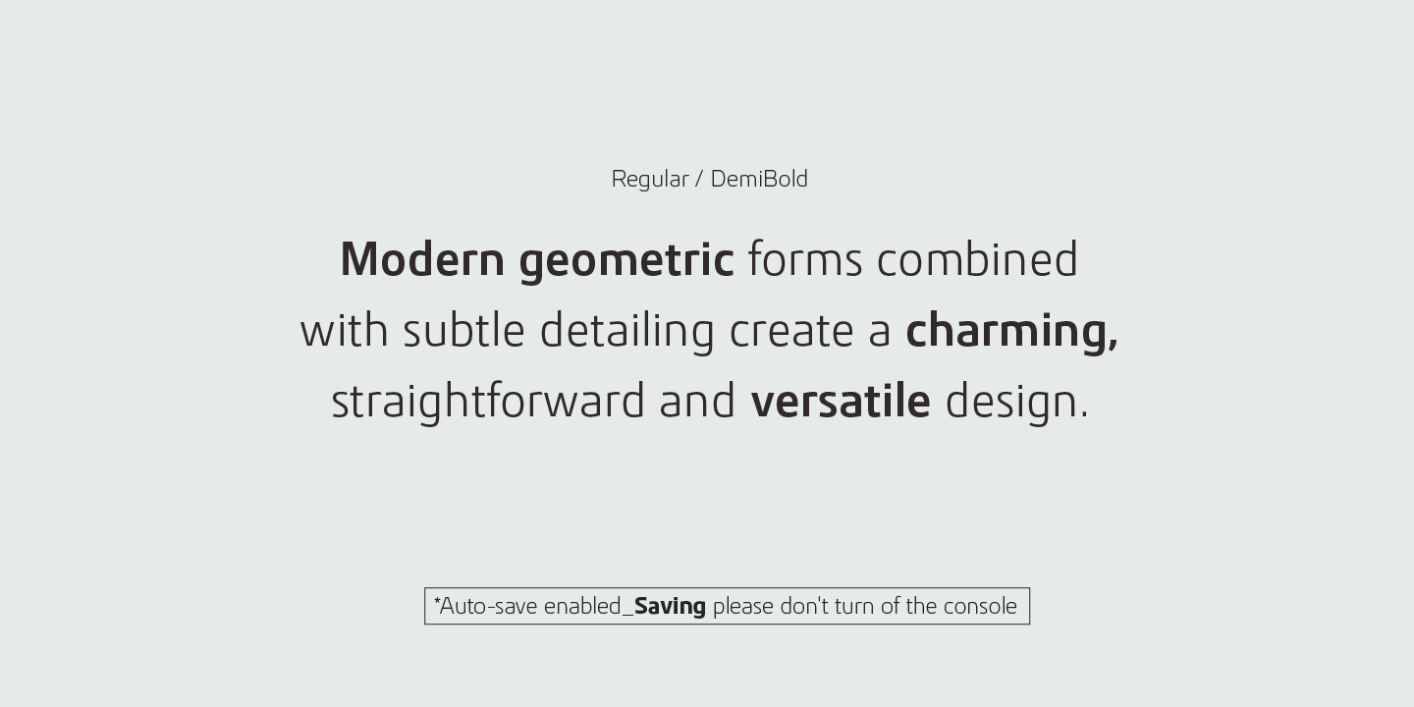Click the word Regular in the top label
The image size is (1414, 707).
(650, 180)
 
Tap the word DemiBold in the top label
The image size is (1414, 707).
(759, 179)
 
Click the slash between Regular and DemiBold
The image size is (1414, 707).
(699, 180)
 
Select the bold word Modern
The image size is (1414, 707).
(422, 259)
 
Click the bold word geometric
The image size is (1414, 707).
(626, 262)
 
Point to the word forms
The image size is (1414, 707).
(805, 259)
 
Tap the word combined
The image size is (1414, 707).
(977, 259)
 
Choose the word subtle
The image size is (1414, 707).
(463, 330)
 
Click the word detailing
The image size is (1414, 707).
(626, 333)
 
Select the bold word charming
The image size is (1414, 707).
(1011, 333)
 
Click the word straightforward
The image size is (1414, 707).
(487, 403)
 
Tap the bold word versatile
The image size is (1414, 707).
(841, 401)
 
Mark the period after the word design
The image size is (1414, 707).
(1084, 415)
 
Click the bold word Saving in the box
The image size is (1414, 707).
(670, 607)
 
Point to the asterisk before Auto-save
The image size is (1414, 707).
(437, 600)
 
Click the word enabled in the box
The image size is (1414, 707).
(582, 607)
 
